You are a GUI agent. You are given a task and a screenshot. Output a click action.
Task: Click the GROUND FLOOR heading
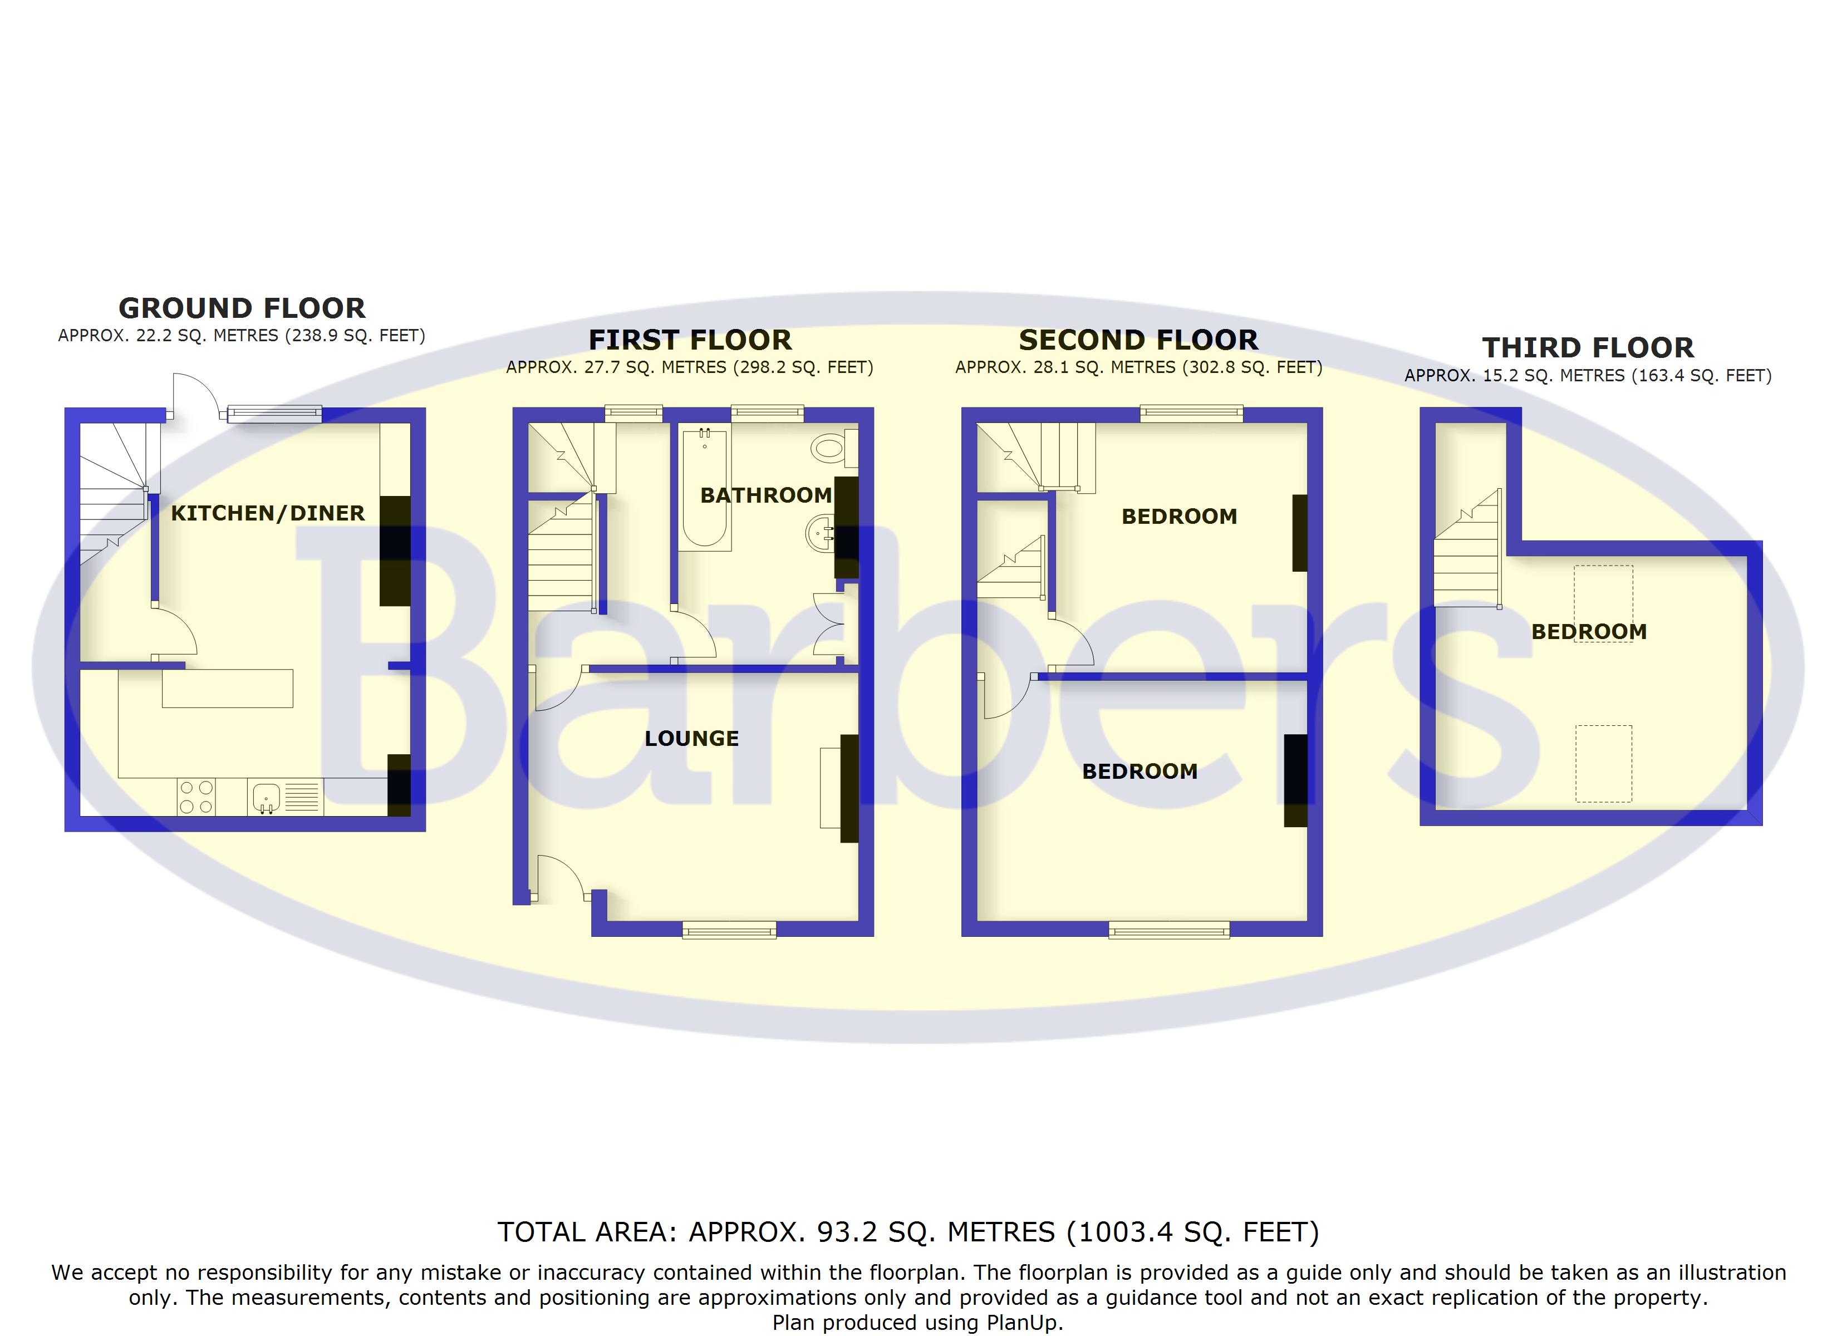[242, 309]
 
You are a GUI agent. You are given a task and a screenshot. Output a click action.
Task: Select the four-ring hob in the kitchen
[196, 797]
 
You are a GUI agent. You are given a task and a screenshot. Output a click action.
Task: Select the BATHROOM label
[765, 495]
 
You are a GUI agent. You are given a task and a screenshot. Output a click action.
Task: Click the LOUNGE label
[692, 739]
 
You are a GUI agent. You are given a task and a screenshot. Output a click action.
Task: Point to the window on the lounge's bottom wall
[729, 930]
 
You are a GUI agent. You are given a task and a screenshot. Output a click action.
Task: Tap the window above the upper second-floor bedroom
[1191, 414]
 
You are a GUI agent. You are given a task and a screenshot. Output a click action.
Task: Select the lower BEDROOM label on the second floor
[1139, 772]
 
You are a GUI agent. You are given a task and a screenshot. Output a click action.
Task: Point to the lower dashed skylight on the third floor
[1603, 764]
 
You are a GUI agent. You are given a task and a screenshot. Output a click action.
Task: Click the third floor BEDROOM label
[1588, 632]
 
